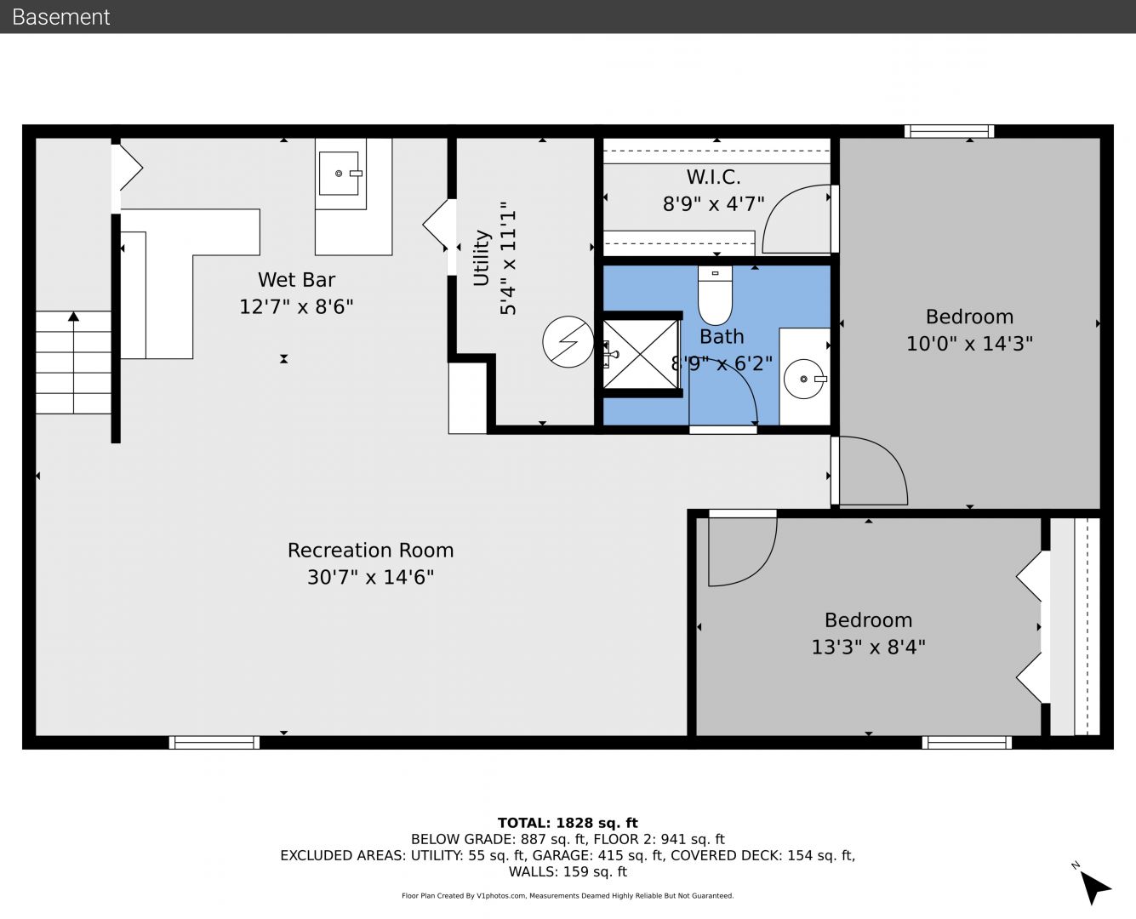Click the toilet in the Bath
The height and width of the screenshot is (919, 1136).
pyautogui.click(x=715, y=295)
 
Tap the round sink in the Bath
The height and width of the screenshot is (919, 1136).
pyautogui.click(x=804, y=379)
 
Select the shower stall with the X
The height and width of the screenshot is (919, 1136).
pyautogui.click(x=640, y=354)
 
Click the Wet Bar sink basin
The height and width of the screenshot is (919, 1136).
pyautogui.click(x=339, y=174)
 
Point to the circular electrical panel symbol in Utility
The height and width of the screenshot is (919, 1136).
pyautogui.click(x=568, y=341)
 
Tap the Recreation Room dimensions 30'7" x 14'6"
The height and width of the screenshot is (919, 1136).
pyautogui.click(x=371, y=577)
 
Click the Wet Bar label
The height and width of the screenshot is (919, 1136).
pyautogui.click(x=296, y=279)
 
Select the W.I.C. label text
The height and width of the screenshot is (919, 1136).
pyautogui.click(x=714, y=176)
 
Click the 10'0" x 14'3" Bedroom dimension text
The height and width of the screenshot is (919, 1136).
pyautogui.click(x=969, y=343)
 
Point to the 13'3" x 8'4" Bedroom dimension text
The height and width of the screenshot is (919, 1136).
pyautogui.click(x=868, y=647)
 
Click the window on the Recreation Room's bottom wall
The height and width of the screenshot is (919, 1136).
pyautogui.click(x=214, y=743)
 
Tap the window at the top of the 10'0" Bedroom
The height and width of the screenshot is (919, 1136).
pyautogui.click(x=950, y=131)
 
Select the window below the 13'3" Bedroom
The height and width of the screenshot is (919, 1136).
pyautogui.click(x=967, y=743)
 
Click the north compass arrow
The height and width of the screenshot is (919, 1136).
pyautogui.click(x=1094, y=888)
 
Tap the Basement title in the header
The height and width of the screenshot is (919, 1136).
pyautogui.click(x=60, y=17)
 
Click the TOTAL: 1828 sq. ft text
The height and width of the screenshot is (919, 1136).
pyautogui.click(x=568, y=823)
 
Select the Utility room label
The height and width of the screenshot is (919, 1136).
pyautogui.click(x=481, y=258)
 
